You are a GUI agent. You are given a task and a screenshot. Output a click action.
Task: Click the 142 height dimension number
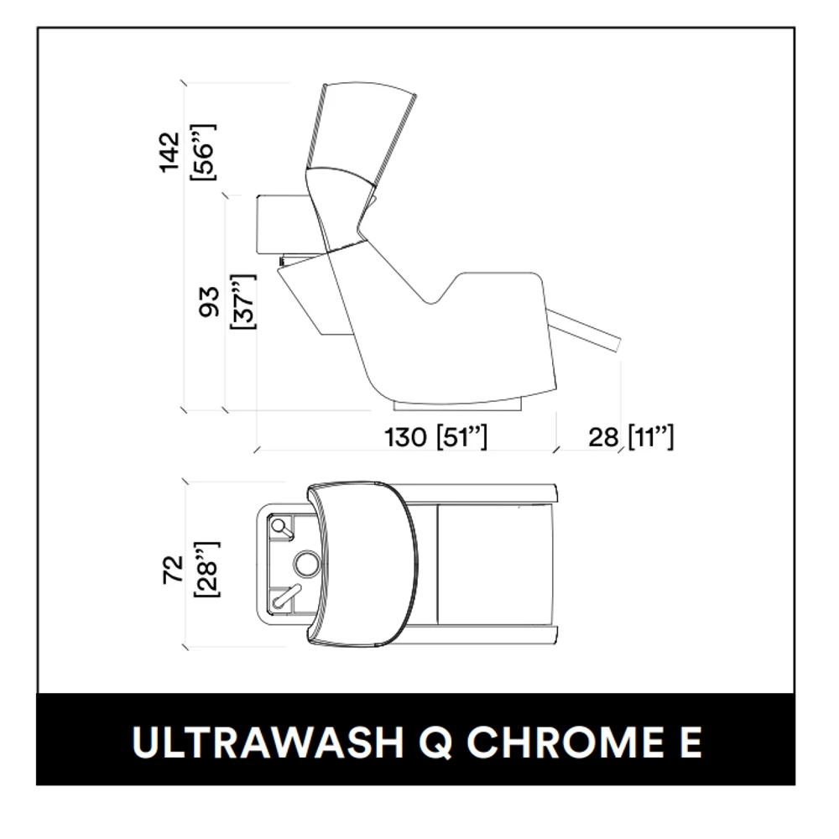point(169,153)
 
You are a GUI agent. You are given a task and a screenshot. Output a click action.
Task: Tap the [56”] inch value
point(203,153)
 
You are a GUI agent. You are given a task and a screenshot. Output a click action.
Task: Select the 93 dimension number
point(209,302)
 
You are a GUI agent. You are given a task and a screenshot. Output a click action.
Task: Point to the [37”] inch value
point(243,302)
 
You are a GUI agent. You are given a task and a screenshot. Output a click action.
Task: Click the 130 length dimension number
point(405,437)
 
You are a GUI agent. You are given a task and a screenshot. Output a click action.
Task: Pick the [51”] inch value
point(461,437)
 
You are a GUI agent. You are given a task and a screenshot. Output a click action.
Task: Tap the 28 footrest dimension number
point(603,437)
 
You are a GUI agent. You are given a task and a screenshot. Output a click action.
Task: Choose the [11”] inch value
point(651,437)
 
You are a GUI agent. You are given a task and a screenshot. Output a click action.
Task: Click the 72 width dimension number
point(173,570)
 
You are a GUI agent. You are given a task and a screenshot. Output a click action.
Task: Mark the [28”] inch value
point(206,570)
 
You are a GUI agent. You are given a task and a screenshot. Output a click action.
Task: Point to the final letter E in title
point(690,743)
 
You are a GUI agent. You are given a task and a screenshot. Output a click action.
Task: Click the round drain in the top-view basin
point(306,565)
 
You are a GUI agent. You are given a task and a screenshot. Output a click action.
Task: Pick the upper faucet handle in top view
point(282,528)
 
